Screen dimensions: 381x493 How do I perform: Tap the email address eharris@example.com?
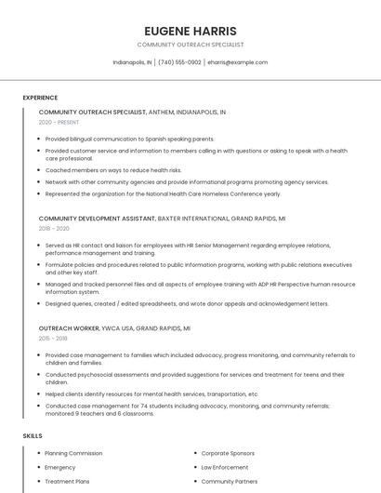pyautogui.click(x=238, y=62)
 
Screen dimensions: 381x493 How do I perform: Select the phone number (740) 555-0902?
pyautogui.click(x=179, y=62)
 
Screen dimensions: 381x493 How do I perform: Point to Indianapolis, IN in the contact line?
pyautogui.click(x=132, y=62)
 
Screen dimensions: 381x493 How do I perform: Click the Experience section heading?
pyautogui.click(x=40, y=98)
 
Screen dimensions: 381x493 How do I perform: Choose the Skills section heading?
pyautogui.click(x=33, y=435)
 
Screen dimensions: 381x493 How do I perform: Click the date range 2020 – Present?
pyautogui.click(x=59, y=122)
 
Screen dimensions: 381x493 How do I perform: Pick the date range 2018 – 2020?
pyautogui.click(x=54, y=228)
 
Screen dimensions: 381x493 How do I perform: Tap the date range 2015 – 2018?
pyautogui.click(x=53, y=339)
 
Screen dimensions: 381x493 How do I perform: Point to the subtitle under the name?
pyautogui.click(x=190, y=45)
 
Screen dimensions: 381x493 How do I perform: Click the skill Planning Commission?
pyautogui.click(x=73, y=453)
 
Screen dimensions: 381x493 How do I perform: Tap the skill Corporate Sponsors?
pyautogui.click(x=229, y=453)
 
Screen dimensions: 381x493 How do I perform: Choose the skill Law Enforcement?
pyautogui.click(x=225, y=467)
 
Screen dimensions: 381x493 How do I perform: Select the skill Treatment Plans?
pyautogui.click(x=68, y=482)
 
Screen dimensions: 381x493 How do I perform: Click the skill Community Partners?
pyautogui.click(x=230, y=482)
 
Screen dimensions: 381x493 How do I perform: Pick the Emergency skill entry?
pyautogui.click(x=60, y=467)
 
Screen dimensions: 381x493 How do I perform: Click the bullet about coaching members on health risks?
pyautogui.click(x=113, y=170)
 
